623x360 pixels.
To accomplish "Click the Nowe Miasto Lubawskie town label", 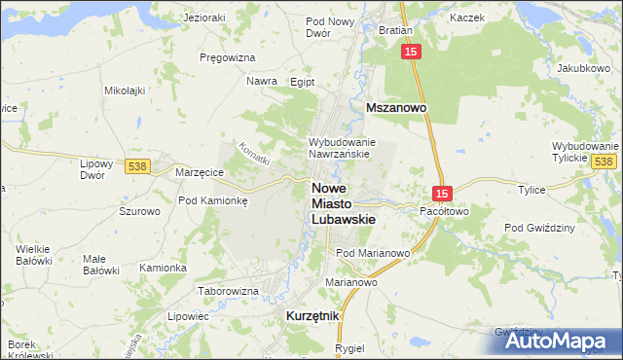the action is (x=341, y=203).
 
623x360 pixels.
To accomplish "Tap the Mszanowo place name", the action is (x=398, y=110).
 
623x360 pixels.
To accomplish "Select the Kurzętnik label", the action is (x=312, y=316).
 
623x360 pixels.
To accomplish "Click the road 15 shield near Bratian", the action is (x=411, y=51).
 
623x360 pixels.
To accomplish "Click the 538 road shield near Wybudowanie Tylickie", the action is (x=604, y=161).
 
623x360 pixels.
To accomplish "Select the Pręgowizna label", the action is (x=226, y=57).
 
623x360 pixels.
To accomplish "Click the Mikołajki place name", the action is (x=124, y=90).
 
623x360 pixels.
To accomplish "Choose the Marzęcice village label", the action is (x=200, y=172).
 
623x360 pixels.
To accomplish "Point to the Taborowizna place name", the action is (x=228, y=291).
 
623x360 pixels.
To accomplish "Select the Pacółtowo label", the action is (x=444, y=210).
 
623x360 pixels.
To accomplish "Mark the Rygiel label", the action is (x=348, y=347).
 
